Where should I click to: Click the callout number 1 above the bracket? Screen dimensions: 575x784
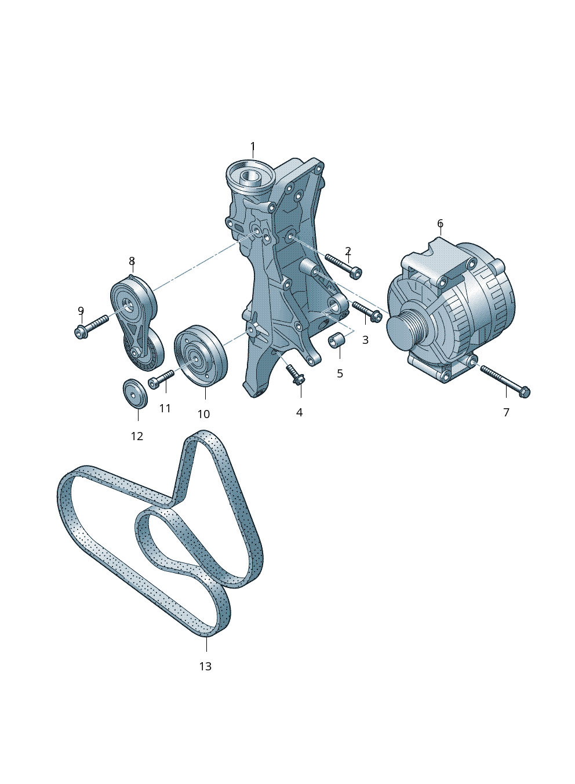253,146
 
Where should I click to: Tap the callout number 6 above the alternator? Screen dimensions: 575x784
440,223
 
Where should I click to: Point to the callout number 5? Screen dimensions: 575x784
340,373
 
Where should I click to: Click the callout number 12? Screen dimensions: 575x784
137,436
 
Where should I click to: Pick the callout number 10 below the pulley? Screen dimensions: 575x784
203,414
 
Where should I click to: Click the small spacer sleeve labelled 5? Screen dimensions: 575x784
336,340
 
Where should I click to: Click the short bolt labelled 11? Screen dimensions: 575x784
161,379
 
